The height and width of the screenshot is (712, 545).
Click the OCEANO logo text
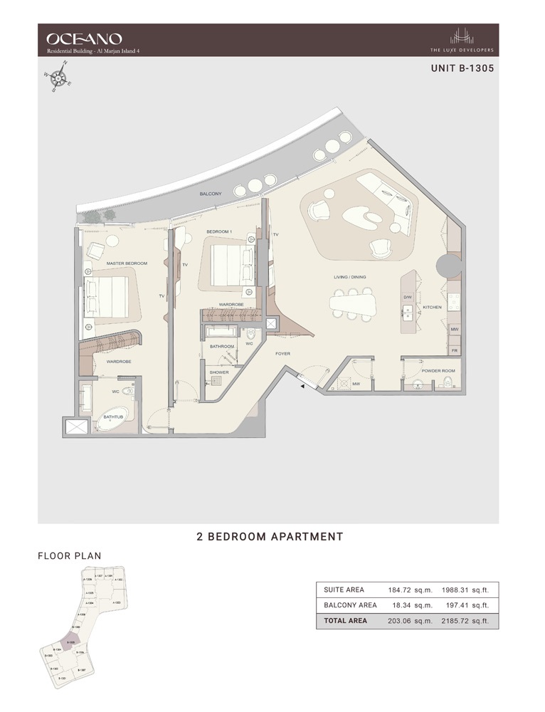83,38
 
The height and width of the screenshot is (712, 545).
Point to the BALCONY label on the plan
211,194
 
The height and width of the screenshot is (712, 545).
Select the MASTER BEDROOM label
127,263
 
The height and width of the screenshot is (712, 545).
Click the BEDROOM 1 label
220,232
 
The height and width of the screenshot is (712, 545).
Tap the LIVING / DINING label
351,277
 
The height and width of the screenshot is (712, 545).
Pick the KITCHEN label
432,308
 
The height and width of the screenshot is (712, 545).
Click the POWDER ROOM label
438,371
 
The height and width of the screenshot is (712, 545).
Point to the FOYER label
284,352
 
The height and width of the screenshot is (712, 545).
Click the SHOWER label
218,372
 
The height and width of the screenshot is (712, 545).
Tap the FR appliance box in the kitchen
454,350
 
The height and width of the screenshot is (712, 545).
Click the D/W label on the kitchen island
408,297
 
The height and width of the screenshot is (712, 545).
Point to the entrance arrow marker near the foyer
302,385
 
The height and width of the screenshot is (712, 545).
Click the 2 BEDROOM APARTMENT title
270,536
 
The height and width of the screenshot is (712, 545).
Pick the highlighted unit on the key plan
71,641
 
